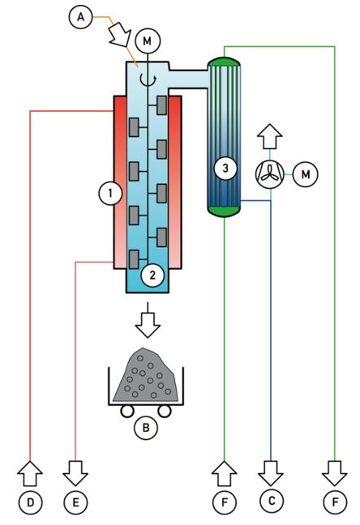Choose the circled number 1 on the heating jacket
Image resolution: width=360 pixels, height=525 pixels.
105,193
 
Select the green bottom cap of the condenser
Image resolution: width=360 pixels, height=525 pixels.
224,211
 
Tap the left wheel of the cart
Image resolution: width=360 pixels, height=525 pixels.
128,412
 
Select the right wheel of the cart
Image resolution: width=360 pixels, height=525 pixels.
166,412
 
